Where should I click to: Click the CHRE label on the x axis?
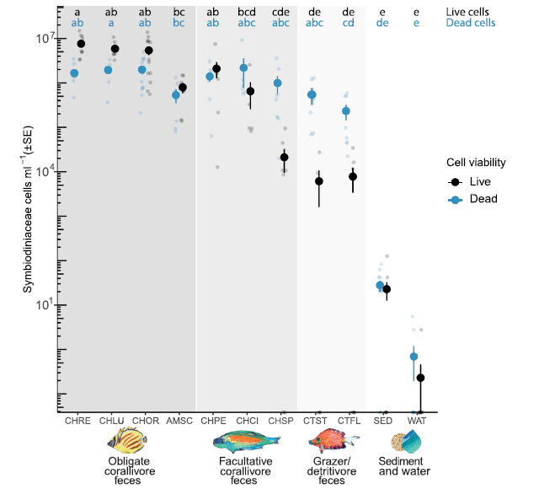(x=77, y=420)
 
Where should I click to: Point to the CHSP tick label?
(x=280, y=420)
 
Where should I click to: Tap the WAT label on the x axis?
(x=416, y=420)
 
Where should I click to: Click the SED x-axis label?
(x=382, y=420)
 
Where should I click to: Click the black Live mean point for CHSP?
(x=284, y=158)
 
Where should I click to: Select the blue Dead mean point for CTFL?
(x=345, y=111)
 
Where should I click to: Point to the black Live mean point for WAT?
(x=420, y=378)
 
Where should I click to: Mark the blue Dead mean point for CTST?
(x=312, y=94)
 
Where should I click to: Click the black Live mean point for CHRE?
(x=82, y=44)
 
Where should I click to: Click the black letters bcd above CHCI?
(x=247, y=12)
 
